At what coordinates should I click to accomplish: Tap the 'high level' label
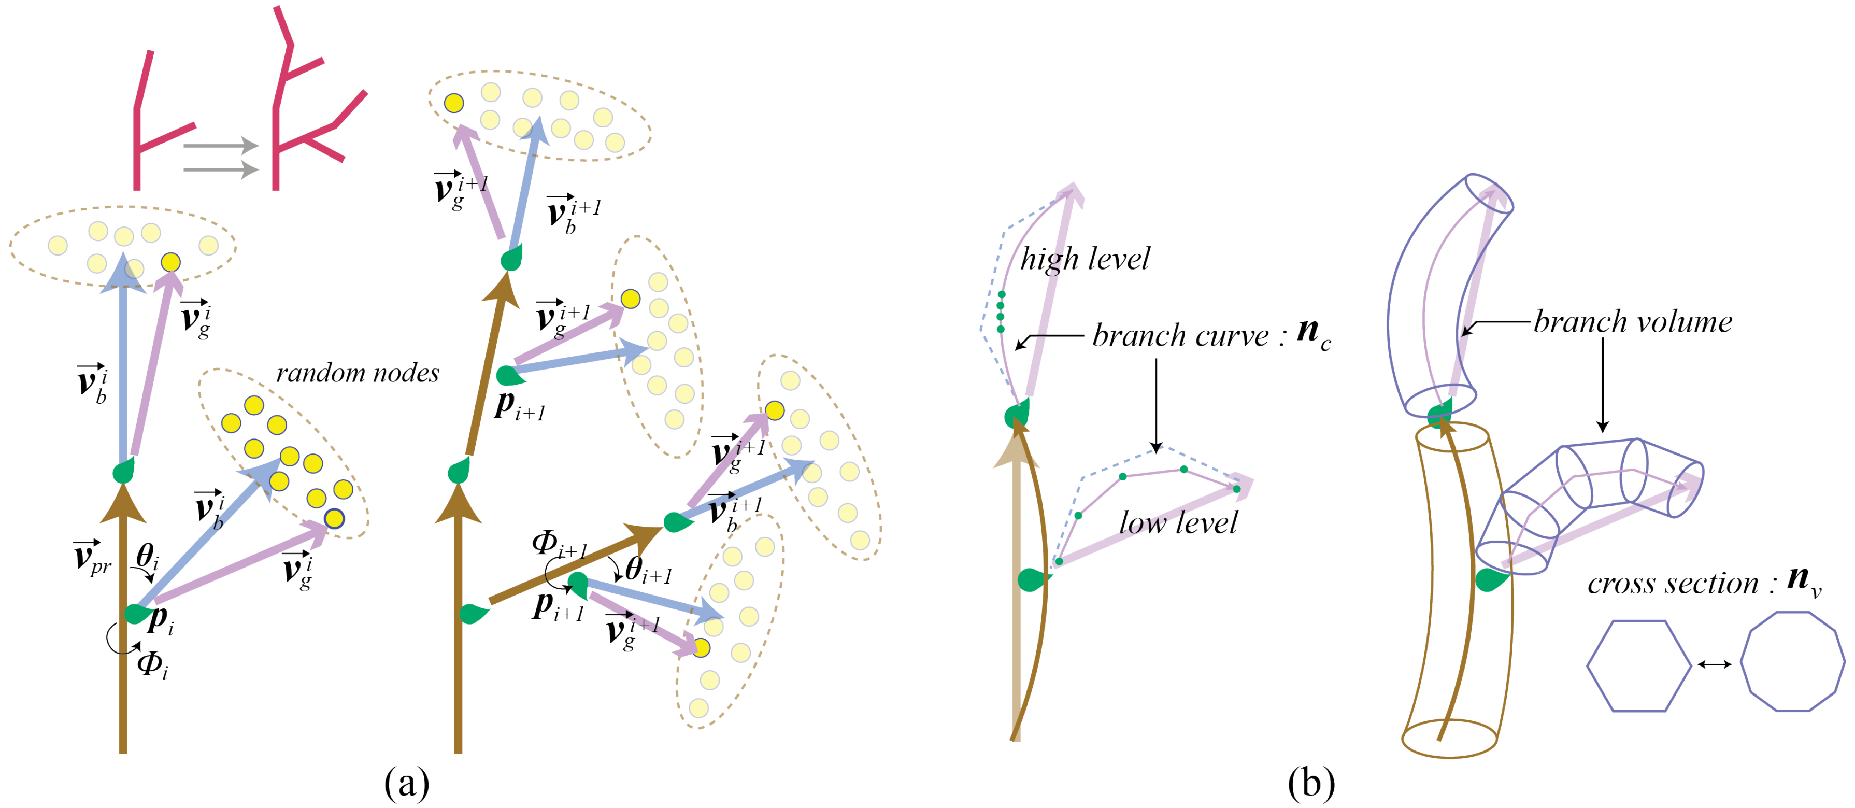[x=1085, y=259]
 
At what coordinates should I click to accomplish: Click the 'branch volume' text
[x=1633, y=322]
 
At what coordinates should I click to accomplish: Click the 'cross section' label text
[x=1672, y=583]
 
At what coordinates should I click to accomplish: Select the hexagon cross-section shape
[x=1638, y=665]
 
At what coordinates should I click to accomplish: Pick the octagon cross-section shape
[x=1792, y=662]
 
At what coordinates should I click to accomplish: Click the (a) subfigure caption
[x=407, y=782]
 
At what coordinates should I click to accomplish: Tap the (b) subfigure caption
[x=1310, y=782]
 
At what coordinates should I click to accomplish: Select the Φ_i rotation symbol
[x=152, y=663]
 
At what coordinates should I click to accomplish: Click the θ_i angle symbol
[x=148, y=556]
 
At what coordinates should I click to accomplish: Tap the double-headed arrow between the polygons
[x=1715, y=664]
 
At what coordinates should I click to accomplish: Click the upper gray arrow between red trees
[x=220, y=146]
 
